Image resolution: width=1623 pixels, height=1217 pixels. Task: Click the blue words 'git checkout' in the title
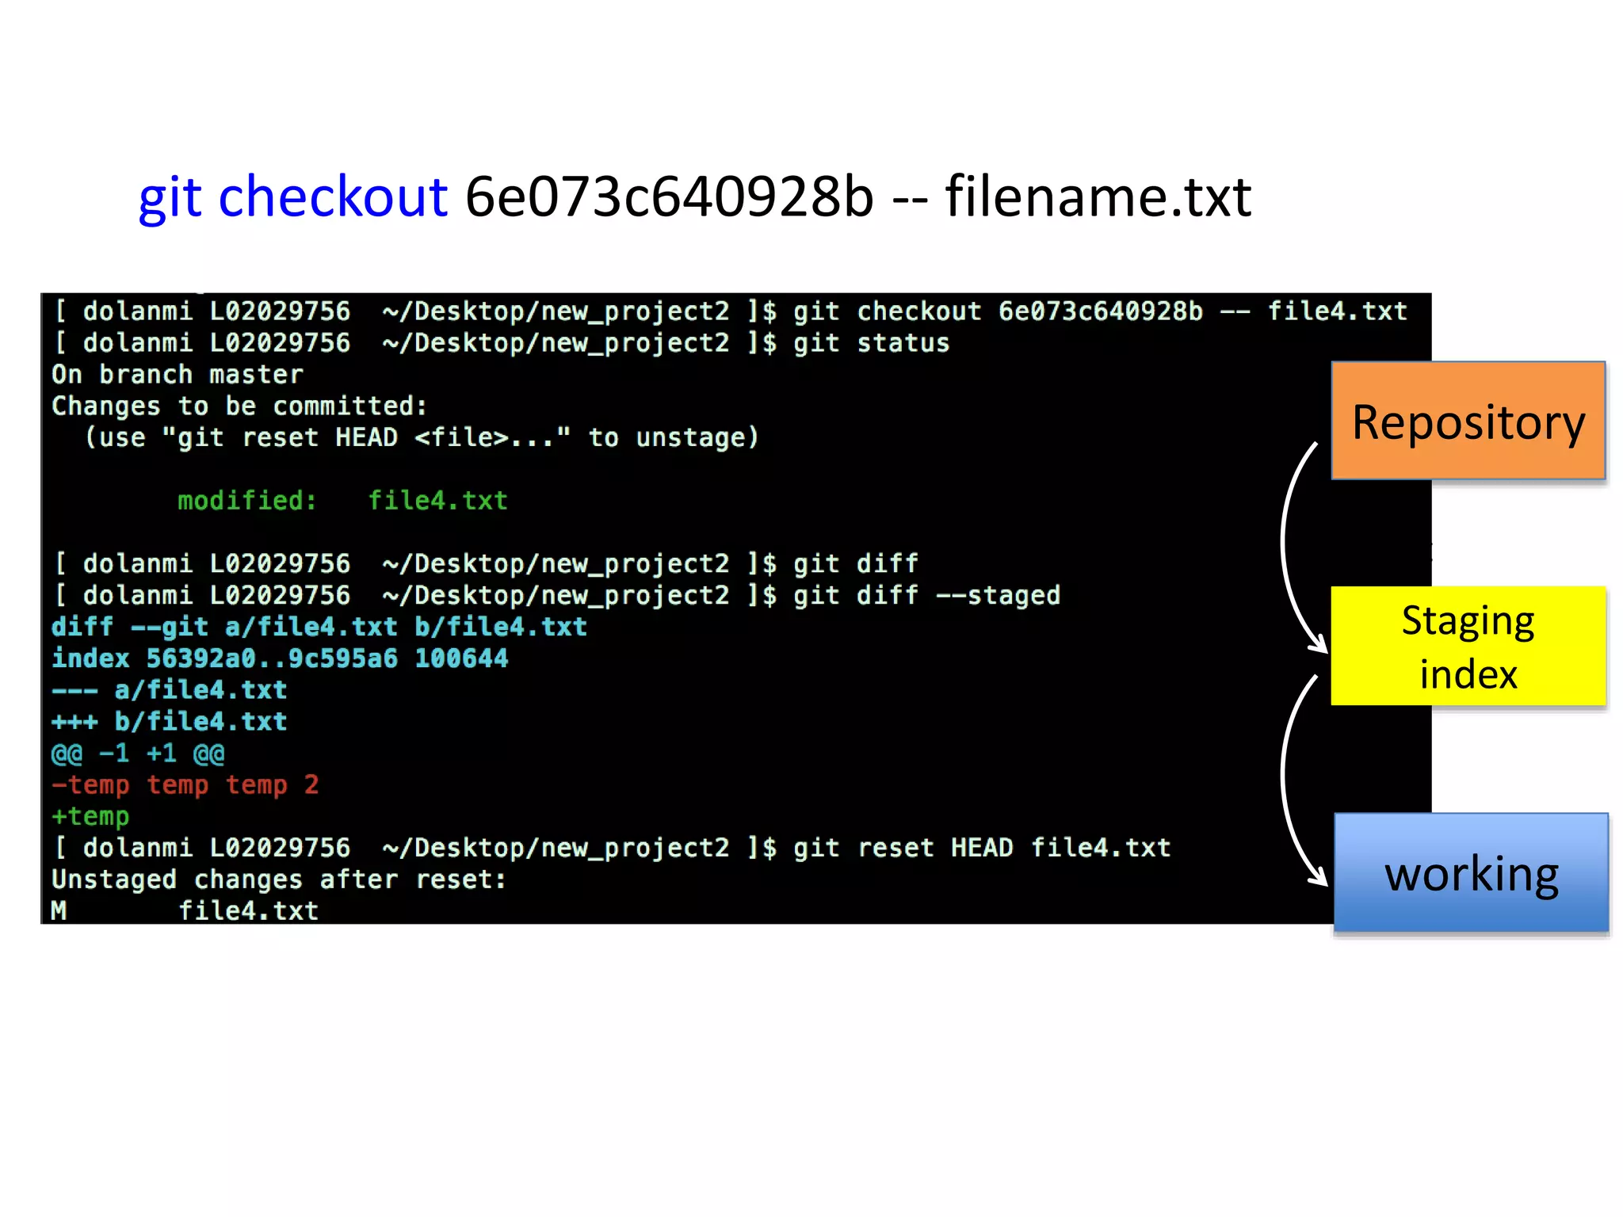click(x=292, y=196)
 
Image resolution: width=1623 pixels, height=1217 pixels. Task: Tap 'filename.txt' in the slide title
click(x=1098, y=196)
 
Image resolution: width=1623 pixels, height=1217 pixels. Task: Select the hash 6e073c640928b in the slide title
click(x=669, y=196)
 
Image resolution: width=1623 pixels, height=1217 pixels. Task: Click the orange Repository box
click(x=1468, y=421)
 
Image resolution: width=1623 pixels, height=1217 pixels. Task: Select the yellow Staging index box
click(x=1468, y=646)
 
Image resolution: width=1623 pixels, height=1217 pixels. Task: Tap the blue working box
click(x=1471, y=872)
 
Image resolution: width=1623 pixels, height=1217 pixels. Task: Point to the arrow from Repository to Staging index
click(x=1288, y=547)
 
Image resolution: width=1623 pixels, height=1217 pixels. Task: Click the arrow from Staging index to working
click(x=1288, y=780)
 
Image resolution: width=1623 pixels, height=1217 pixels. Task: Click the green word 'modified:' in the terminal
click(x=246, y=501)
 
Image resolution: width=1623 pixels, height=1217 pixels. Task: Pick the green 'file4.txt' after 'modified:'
click(x=437, y=501)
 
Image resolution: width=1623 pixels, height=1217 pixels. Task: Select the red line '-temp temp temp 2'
click(x=185, y=785)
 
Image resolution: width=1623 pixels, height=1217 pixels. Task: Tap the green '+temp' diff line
click(x=90, y=816)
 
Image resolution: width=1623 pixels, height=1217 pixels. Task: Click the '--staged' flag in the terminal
click(x=998, y=596)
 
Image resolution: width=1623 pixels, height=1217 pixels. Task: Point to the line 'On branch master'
click(x=177, y=375)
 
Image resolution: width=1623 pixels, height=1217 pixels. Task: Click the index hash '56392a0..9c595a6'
click(x=272, y=658)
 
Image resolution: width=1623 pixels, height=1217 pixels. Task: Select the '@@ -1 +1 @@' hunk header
click(x=138, y=753)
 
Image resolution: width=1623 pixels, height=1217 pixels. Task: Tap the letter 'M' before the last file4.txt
click(x=59, y=911)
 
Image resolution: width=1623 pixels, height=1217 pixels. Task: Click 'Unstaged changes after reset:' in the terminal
click(x=278, y=879)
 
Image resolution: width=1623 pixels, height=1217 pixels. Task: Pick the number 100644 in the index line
click(x=461, y=658)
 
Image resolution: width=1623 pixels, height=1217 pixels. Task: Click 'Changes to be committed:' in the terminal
click(x=239, y=406)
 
